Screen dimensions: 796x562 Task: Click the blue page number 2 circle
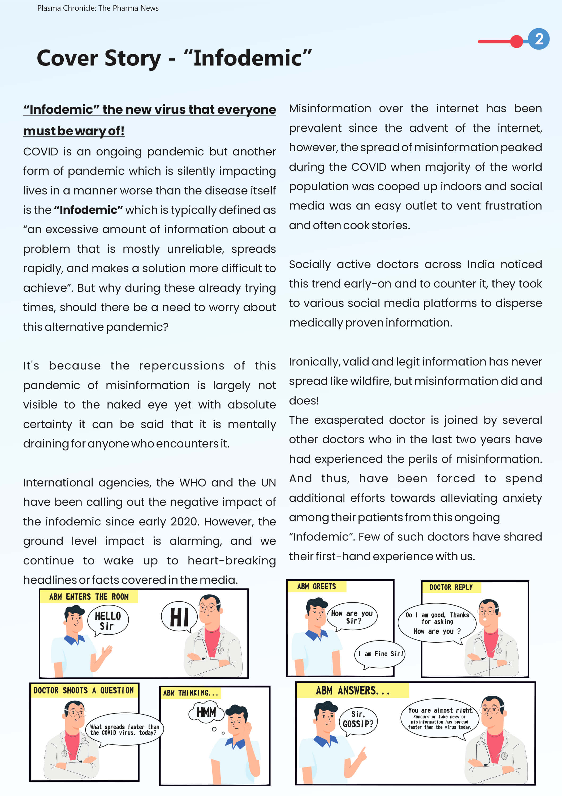[x=538, y=39]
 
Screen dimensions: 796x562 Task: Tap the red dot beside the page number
[x=517, y=41]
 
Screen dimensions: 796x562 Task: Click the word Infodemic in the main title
[x=247, y=58]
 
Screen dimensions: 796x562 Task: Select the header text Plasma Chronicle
[x=66, y=8]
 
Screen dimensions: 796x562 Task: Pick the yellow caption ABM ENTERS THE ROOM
[x=89, y=597]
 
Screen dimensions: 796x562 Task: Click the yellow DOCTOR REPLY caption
[x=451, y=587]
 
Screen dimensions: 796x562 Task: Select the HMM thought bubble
[x=206, y=712]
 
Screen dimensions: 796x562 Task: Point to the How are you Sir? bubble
[x=352, y=617]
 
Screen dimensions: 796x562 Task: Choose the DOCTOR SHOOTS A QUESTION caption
[x=84, y=690]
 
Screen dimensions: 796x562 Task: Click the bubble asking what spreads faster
[x=124, y=729]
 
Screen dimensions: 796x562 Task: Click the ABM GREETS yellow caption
[x=316, y=586]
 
